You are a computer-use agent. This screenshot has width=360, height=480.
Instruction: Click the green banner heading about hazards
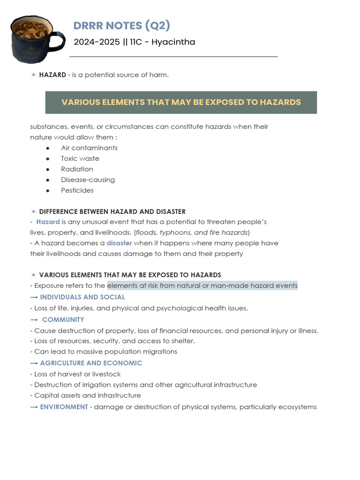[x=181, y=102]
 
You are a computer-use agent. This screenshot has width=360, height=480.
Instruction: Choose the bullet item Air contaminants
[x=89, y=148]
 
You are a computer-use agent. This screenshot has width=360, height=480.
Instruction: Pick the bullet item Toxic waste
[x=80, y=158]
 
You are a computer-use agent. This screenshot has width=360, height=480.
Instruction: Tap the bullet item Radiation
[x=77, y=169]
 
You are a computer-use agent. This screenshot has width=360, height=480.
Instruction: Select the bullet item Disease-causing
[x=88, y=180]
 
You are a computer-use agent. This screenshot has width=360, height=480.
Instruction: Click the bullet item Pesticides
[x=77, y=190]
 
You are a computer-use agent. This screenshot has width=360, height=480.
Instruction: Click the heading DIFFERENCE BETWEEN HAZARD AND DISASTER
[x=112, y=211]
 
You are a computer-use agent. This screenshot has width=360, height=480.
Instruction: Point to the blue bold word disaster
[x=119, y=243]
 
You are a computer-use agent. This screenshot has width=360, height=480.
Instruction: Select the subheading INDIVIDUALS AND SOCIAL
[x=82, y=297]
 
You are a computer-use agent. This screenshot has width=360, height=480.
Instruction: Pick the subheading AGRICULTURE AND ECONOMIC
[x=91, y=363]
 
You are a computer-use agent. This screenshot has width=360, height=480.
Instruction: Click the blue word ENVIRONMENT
[x=64, y=407]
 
